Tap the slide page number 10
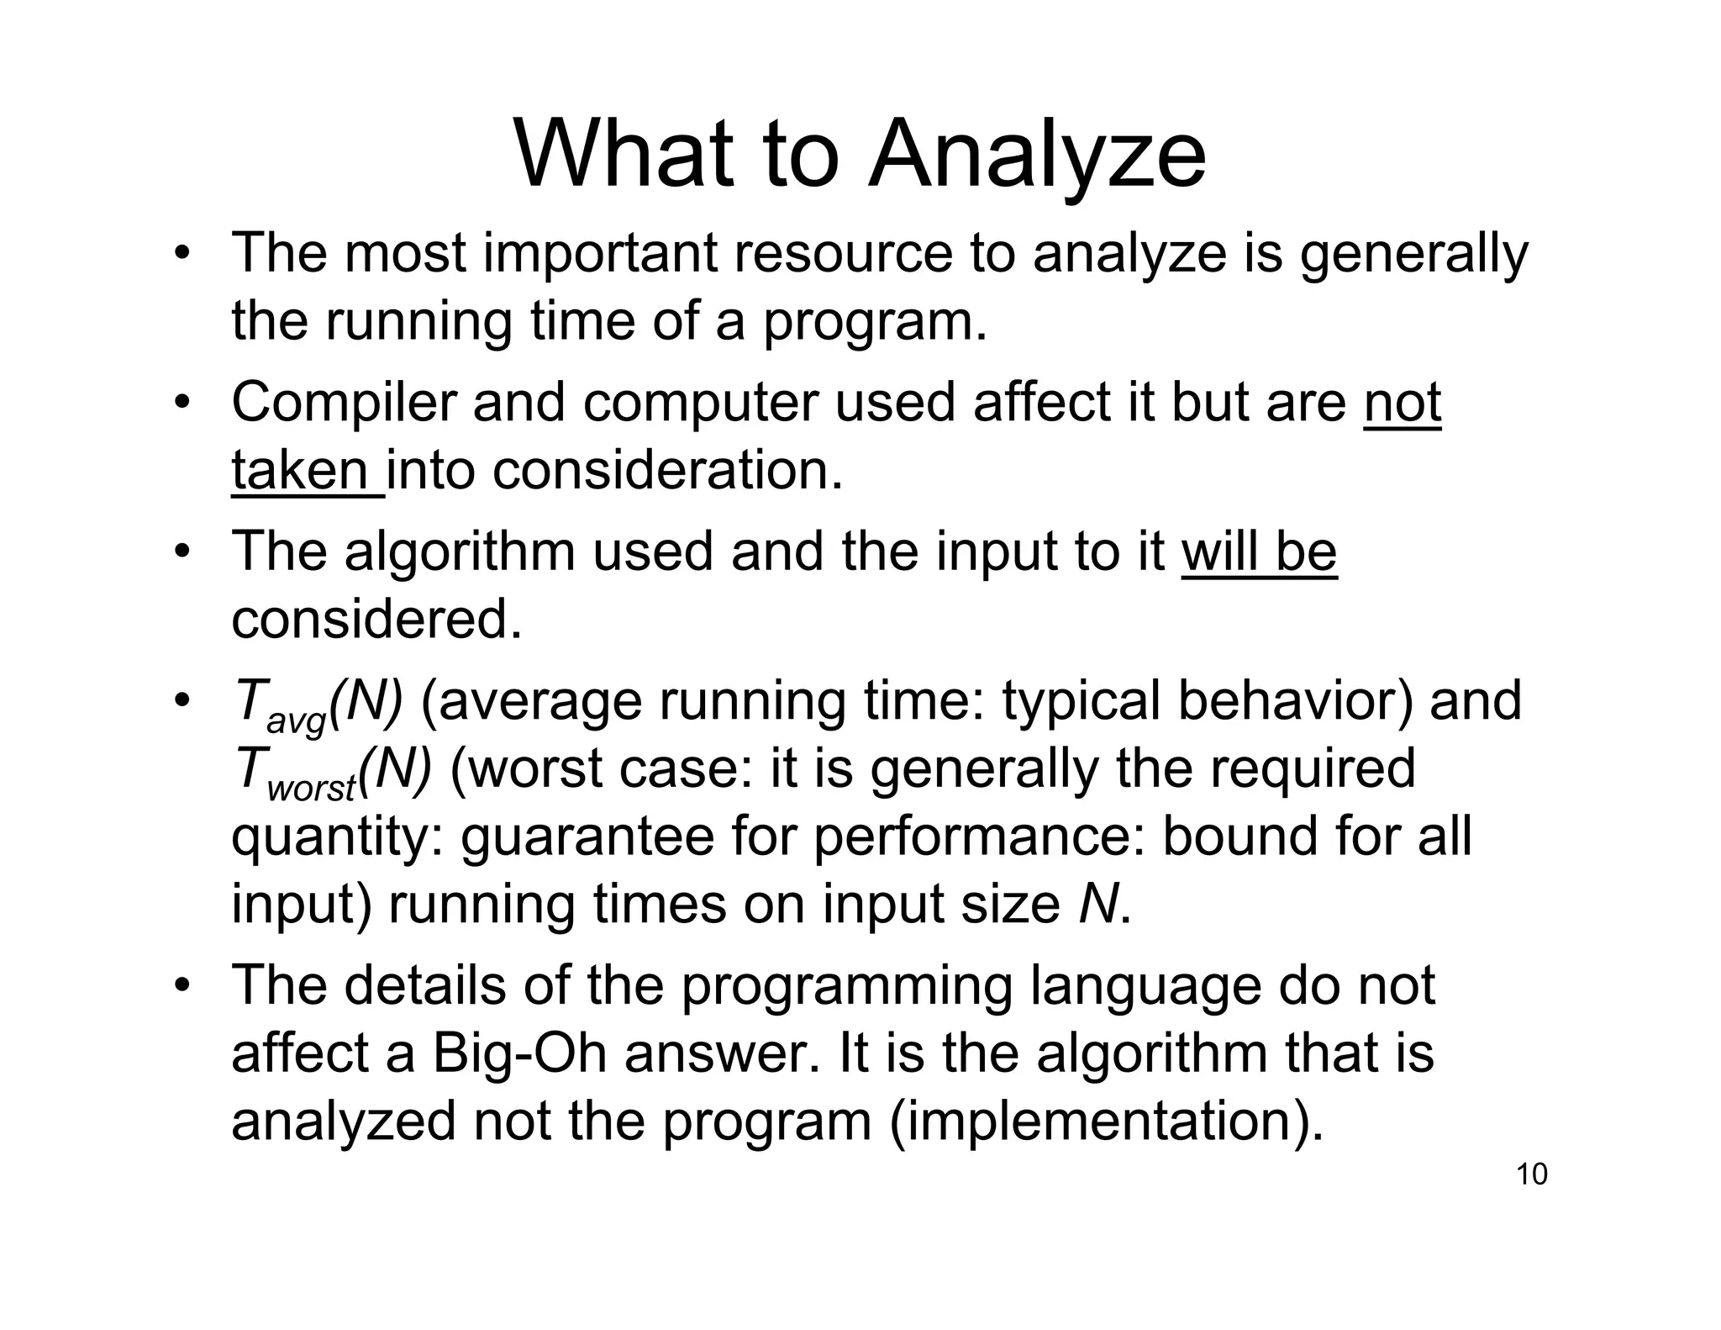(x=1531, y=1174)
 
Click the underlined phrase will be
(x=1258, y=552)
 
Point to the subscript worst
(x=311, y=789)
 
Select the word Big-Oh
(x=519, y=1053)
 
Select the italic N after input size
(x=1097, y=904)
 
